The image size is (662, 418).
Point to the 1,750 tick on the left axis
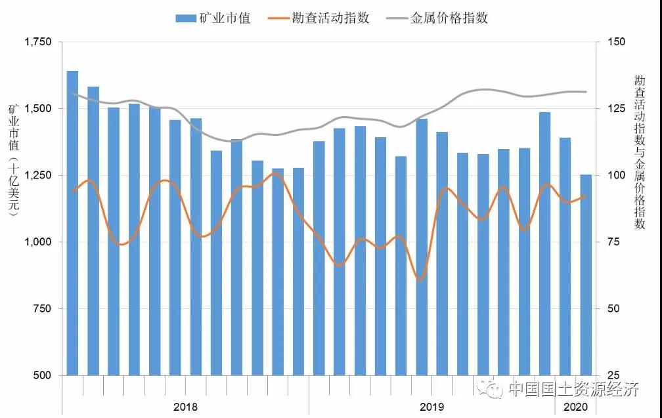(37, 42)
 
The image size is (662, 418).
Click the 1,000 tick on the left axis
(37, 242)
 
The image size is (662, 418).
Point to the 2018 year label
(185, 407)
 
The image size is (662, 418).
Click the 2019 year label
(431, 407)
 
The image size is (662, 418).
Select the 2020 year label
(575, 407)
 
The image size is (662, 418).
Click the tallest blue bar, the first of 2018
(72, 223)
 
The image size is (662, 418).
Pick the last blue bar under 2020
(586, 276)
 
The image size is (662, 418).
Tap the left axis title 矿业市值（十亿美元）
(14, 157)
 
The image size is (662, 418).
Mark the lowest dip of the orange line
(420, 280)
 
